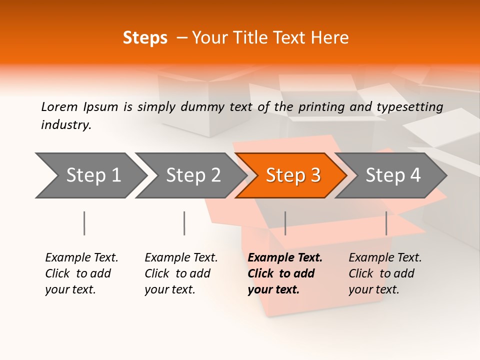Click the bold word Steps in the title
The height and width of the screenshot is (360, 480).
tap(145, 38)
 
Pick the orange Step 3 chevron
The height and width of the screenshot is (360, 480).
tap(293, 175)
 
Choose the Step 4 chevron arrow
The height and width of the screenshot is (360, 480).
tap(393, 175)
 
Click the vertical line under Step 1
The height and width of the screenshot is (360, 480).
tap(84, 223)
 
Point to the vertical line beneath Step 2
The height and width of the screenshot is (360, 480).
tap(184, 223)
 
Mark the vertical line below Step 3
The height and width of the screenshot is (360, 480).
tap(285, 223)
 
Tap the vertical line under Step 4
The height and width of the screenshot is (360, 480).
tap(386, 223)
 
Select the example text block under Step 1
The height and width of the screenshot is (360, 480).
tap(81, 273)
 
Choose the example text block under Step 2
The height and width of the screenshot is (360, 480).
tap(181, 273)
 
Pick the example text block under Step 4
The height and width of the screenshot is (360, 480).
tap(385, 273)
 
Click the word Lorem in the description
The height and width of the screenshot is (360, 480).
tap(59, 106)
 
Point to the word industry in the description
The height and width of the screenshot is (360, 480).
tap(66, 125)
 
